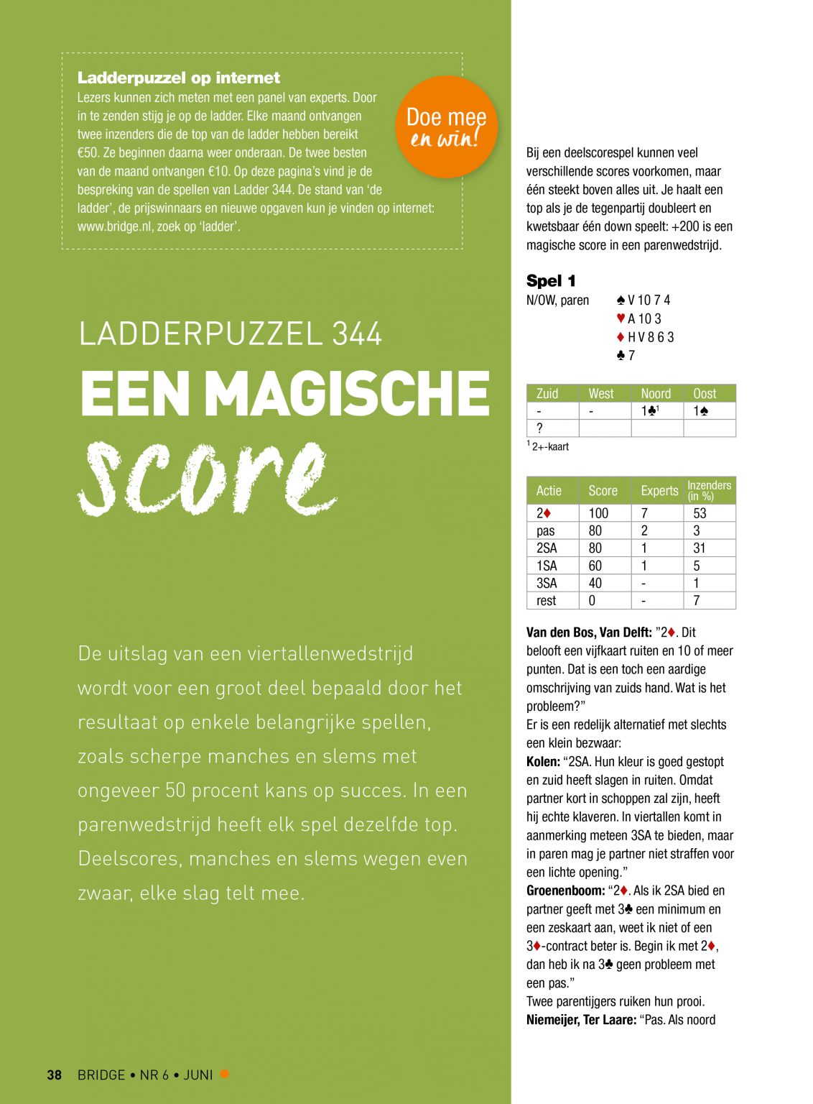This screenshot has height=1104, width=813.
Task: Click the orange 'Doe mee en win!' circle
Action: click(x=446, y=126)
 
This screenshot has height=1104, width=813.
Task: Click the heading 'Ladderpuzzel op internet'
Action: click(x=178, y=78)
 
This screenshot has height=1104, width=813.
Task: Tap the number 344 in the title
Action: click(x=357, y=334)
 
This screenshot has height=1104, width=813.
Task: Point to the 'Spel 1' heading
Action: click(x=551, y=281)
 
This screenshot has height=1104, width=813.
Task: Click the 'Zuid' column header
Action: click(x=547, y=393)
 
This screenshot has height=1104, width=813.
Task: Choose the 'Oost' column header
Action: click(x=705, y=393)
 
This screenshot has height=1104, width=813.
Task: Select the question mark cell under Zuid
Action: click(x=540, y=428)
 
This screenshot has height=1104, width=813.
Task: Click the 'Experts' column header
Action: click(x=659, y=490)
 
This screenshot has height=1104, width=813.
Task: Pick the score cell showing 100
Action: click(x=598, y=513)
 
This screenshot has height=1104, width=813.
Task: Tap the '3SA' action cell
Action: click(x=547, y=583)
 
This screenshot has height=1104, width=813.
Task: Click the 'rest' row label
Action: click(x=546, y=601)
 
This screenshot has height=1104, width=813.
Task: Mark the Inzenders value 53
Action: click(x=700, y=513)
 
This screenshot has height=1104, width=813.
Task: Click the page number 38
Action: click(x=55, y=1075)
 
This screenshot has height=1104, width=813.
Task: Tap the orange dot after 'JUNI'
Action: click(x=224, y=1074)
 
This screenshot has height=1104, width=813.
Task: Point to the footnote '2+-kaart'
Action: click(x=550, y=446)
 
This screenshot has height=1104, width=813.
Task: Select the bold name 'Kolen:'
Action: click(x=543, y=762)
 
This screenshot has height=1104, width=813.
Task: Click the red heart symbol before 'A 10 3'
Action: click(x=621, y=318)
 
